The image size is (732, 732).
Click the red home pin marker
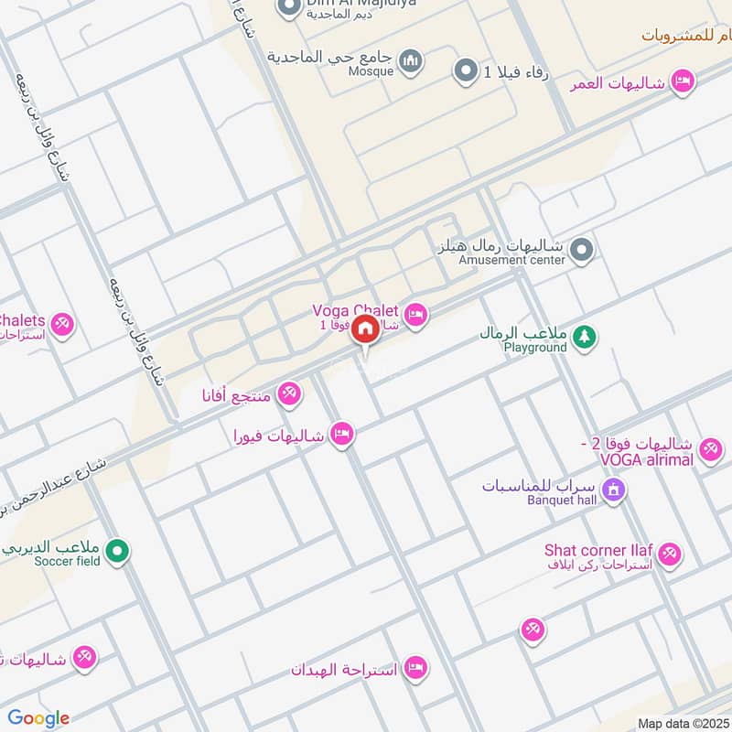[365, 328]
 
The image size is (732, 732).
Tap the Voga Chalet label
[355, 311]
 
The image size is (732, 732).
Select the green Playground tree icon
[583, 338]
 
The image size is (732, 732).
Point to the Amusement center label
[512, 260]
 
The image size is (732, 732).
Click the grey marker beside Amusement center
[581, 249]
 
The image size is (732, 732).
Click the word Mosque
[371, 71]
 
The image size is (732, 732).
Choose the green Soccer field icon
[116, 551]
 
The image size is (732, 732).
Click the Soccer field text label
[67, 561]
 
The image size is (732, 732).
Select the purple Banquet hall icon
[614, 490]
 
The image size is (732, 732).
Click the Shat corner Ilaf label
[598, 550]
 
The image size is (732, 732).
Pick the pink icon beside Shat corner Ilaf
[670, 554]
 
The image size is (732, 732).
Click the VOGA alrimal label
[647, 459]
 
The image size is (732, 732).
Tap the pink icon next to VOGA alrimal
[709, 449]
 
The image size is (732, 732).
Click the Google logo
[38, 718]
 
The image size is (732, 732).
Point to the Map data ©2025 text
[682, 724]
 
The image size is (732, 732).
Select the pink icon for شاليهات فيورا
[342, 435]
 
